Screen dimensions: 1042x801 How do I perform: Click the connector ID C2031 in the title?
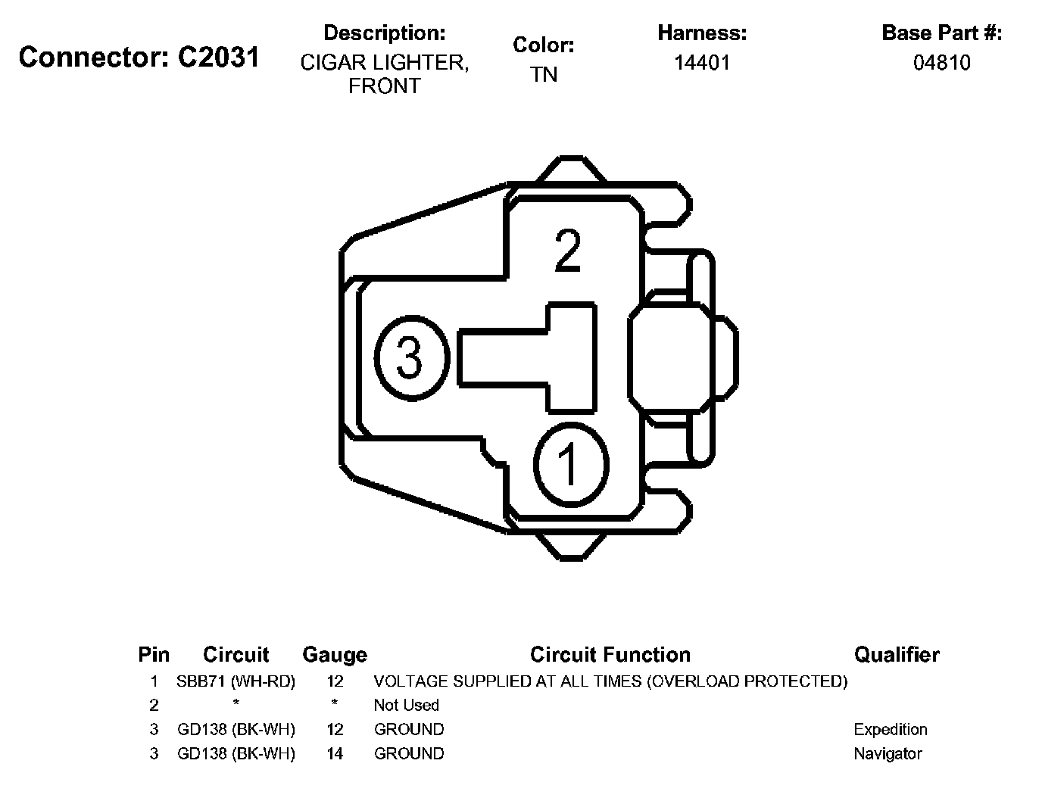point(218,58)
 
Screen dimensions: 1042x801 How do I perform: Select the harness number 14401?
point(702,63)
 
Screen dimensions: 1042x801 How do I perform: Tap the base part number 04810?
point(941,63)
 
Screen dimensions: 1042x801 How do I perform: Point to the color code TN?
point(544,75)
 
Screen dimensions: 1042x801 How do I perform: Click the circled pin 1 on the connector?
point(570,463)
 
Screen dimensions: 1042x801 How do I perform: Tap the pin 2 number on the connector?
point(568,251)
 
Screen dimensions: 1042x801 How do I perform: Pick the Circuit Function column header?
point(610,654)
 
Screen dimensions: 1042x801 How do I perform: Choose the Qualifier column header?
point(897,654)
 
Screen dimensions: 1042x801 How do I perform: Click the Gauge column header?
point(334,655)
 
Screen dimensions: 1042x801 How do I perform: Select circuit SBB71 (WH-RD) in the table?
point(236,681)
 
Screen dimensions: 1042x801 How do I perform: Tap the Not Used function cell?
point(406,705)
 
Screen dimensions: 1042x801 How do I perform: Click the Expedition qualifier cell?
point(890,729)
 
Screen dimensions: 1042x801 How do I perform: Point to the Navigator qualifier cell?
point(888,753)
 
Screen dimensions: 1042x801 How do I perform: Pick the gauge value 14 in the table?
point(335,753)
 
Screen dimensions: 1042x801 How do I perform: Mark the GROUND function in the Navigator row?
point(409,753)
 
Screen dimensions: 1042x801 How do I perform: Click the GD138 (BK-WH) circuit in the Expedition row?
point(236,729)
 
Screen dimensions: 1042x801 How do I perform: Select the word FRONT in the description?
point(384,86)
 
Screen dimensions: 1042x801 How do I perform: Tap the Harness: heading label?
point(702,33)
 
